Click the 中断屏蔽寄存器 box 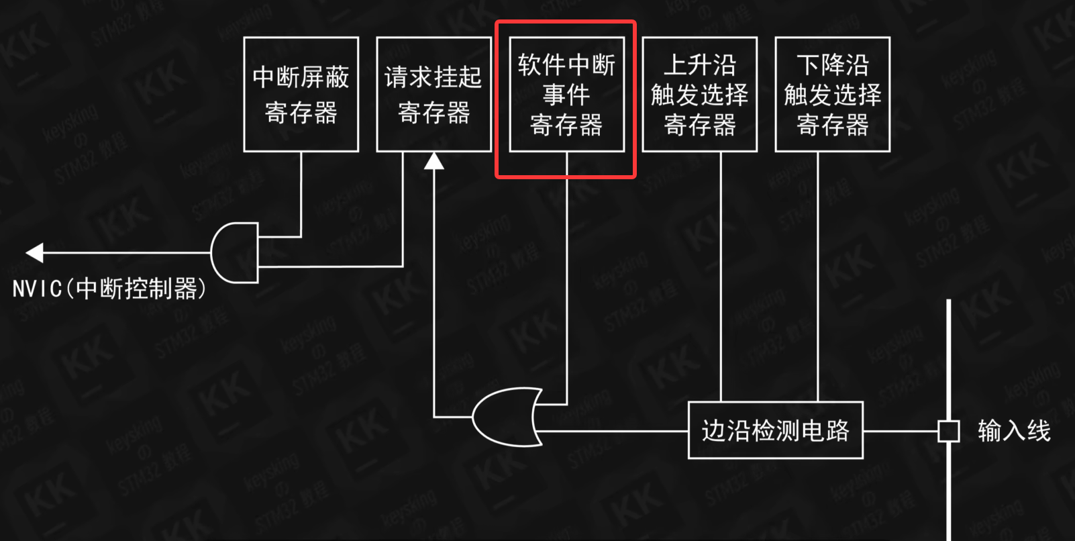301,95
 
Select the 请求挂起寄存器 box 433,95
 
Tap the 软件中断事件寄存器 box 566,95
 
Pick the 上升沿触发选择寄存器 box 699,95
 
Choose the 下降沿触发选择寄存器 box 832,95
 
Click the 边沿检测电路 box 775,430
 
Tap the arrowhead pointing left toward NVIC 34,252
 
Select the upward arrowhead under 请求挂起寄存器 434,161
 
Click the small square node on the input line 948,431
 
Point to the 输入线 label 1013,431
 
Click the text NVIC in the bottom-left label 38,289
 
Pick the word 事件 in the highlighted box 566,95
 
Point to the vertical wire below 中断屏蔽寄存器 301,195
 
